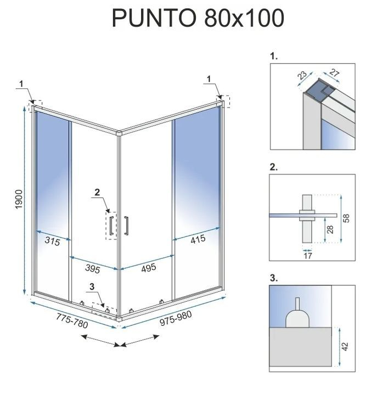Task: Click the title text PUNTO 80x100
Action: (x=198, y=18)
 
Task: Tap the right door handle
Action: (x=126, y=225)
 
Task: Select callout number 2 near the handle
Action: (x=97, y=192)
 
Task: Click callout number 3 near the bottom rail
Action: (x=92, y=286)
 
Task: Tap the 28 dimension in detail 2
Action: (x=329, y=229)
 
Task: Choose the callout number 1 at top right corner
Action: (x=210, y=79)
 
